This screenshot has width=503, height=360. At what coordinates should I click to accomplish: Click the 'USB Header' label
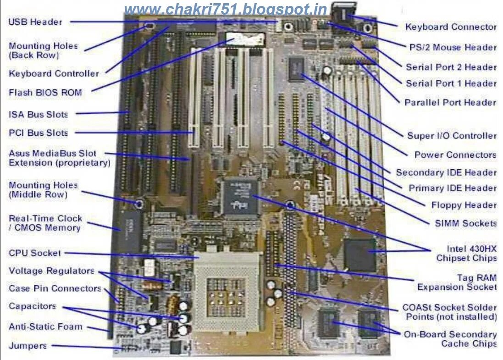click(x=35, y=22)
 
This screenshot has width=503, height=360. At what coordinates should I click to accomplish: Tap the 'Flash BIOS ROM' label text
click(x=45, y=93)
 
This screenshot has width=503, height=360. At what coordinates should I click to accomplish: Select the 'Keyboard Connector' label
click(x=450, y=27)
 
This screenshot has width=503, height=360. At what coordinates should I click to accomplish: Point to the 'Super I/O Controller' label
click(x=452, y=136)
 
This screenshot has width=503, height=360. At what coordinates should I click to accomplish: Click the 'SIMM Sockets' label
click(x=465, y=223)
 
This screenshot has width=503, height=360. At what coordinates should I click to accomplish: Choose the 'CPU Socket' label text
click(x=34, y=253)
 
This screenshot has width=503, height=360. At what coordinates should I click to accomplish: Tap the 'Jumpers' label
click(x=28, y=346)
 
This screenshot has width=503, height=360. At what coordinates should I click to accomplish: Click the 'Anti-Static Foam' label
click(x=45, y=327)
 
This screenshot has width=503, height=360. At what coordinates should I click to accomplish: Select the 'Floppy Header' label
click(x=464, y=205)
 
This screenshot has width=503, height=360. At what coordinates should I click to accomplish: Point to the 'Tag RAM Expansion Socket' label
click(x=457, y=282)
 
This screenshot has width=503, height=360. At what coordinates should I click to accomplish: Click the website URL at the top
click(x=225, y=9)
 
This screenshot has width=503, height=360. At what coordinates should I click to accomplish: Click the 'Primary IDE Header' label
click(x=452, y=188)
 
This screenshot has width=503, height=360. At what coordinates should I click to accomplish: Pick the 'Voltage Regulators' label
click(x=51, y=271)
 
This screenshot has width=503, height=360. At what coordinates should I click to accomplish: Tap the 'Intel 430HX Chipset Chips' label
click(x=466, y=253)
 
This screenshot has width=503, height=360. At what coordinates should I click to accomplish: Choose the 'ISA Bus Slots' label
click(x=38, y=114)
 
